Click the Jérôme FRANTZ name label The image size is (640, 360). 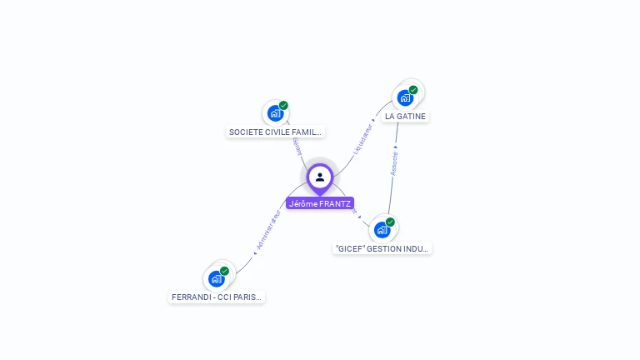click(320, 203)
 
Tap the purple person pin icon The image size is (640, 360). click(320, 177)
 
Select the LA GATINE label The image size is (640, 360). click(406, 117)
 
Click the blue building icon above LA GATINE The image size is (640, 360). click(405, 97)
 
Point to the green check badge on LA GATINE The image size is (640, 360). click(413, 90)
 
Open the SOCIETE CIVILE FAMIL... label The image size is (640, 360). click(275, 132)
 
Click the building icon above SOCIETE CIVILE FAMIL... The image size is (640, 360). click(275, 113)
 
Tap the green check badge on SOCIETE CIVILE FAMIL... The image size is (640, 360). click(283, 106)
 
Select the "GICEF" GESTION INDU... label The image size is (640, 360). click(382, 248)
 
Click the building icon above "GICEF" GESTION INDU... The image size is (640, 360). click(382, 230)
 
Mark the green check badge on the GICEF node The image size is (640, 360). click(390, 222)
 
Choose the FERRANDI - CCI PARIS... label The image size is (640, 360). click(217, 297)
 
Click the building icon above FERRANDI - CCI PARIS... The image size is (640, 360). click(216, 278)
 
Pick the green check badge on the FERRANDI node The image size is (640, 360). click(224, 271)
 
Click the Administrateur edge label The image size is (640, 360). click(268, 228)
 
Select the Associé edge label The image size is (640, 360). click(394, 162)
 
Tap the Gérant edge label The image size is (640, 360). click(296, 147)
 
